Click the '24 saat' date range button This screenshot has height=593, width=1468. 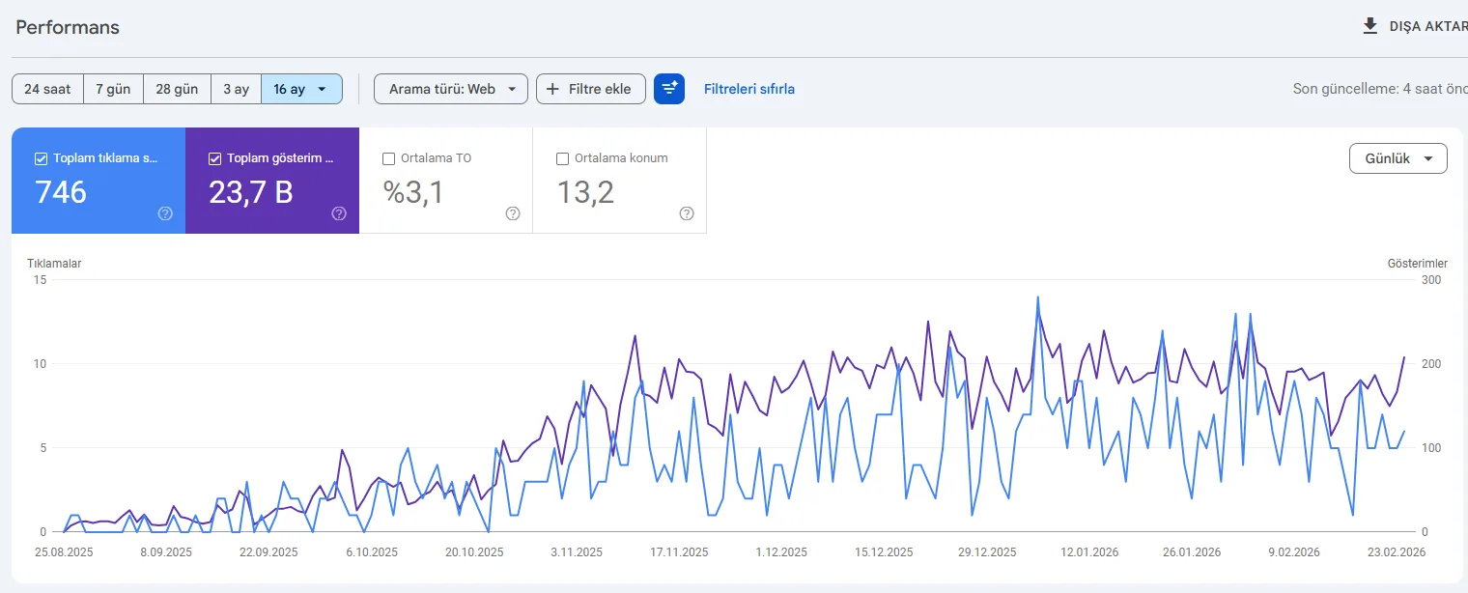[x=47, y=89]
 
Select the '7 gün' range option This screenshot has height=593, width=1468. [x=113, y=89]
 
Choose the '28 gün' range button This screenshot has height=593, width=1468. [x=177, y=89]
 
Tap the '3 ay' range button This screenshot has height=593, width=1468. [x=236, y=89]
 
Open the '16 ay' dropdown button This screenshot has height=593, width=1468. [x=301, y=89]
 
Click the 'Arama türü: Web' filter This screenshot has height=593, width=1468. [x=451, y=89]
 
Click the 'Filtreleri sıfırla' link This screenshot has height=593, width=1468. [x=749, y=89]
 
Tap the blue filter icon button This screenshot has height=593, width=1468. [x=669, y=89]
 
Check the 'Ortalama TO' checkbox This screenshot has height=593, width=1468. [x=388, y=158]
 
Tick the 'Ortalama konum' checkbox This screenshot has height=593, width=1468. [x=562, y=158]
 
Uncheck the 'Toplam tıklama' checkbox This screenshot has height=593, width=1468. [x=41, y=158]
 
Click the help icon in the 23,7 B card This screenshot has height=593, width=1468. [x=339, y=213]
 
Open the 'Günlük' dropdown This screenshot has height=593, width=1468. [x=1397, y=158]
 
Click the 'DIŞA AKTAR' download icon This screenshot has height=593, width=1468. [x=1369, y=26]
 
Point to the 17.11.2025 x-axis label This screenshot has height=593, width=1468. [x=679, y=552]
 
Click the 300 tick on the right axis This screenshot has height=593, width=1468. [x=1431, y=280]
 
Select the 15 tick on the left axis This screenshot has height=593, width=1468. [x=40, y=280]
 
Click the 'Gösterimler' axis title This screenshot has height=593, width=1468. [x=1418, y=264]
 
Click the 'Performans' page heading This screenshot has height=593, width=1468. [x=68, y=27]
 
